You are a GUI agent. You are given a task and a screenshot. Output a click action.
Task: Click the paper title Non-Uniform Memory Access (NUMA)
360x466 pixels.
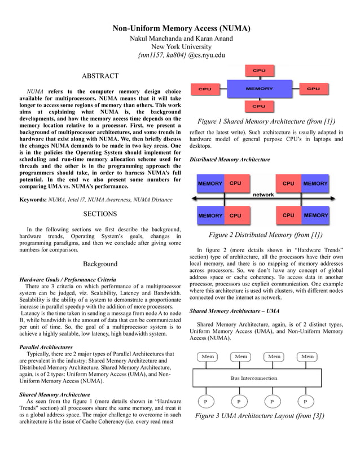coord(181,28)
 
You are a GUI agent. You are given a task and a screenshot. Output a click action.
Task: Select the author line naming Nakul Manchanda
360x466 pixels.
coord(181,38)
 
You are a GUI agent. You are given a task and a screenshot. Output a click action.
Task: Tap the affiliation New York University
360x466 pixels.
coord(181,47)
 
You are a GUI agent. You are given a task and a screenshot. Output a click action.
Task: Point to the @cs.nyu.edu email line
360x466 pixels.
coord(181,55)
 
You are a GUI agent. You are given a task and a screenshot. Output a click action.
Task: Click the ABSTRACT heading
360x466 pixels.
coord(100,76)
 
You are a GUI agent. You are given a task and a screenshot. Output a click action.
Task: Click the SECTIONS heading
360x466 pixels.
coord(100,214)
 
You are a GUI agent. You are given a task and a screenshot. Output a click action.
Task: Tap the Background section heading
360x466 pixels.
coord(100,263)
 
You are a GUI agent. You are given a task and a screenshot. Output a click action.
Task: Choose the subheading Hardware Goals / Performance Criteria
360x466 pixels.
coord(68,279)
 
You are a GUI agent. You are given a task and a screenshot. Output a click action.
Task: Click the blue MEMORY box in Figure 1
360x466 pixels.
coord(259,89)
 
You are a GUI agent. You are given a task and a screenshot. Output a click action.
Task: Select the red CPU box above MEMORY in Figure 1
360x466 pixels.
coord(259,71)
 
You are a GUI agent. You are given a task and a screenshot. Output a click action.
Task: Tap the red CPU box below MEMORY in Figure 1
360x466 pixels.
coord(259,106)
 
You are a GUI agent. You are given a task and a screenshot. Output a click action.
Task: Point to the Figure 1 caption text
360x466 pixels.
coord(266,122)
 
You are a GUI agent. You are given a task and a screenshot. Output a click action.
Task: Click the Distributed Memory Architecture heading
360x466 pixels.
coord(230,160)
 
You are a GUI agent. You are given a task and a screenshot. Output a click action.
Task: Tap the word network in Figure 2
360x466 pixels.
coord(263,195)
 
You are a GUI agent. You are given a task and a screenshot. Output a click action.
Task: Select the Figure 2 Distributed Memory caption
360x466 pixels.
coord(266,235)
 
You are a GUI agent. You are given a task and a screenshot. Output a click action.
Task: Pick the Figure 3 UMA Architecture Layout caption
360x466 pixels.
coord(260,416)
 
